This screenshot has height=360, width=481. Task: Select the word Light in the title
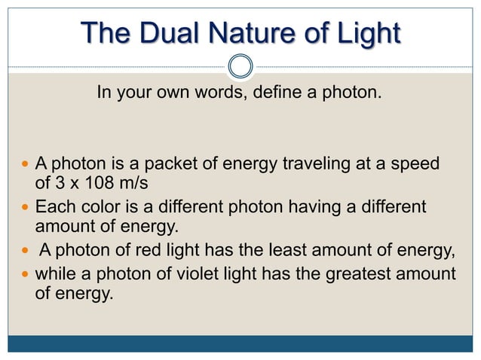(x=367, y=33)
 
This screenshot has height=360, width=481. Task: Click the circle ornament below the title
(x=240, y=66)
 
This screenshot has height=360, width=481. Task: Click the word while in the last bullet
(x=53, y=273)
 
